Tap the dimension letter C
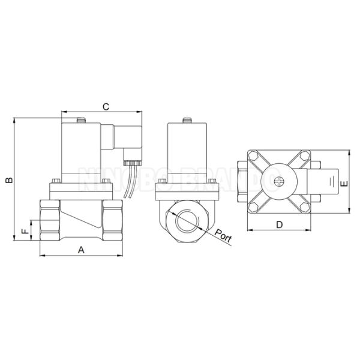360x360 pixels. (104, 107)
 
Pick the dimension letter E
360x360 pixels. (343, 185)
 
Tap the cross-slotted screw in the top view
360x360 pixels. (278, 182)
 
